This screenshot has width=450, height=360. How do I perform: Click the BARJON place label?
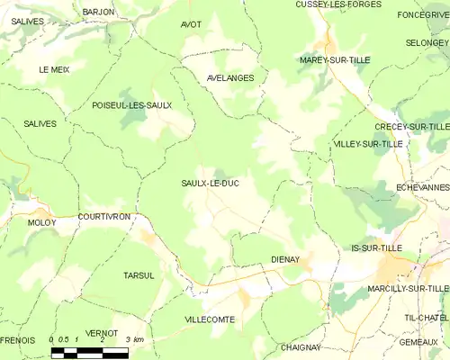click(x=98, y=12)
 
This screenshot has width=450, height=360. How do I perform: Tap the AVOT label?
click(x=191, y=24)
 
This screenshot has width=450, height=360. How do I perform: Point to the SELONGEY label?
click(x=427, y=42)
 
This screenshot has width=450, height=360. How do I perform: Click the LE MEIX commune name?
click(x=54, y=69)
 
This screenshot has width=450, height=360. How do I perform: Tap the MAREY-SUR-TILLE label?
click(x=335, y=59)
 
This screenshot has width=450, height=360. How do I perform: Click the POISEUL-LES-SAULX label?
click(x=132, y=105)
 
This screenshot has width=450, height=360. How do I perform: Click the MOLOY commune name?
click(x=41, y=222)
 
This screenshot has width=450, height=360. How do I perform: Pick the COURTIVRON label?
click(x=104, y=217)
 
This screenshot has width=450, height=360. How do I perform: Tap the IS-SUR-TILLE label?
click(x=377, y=247)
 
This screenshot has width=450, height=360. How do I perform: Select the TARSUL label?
click(x=139, y=275)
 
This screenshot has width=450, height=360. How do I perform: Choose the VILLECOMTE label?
click(x=209, y=319)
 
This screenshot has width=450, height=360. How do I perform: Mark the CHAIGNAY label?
click(x=301, y=346)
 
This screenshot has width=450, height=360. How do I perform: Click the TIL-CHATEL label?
click(x=426, y=318)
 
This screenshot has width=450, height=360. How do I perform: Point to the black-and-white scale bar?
click(x=89, y=352)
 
